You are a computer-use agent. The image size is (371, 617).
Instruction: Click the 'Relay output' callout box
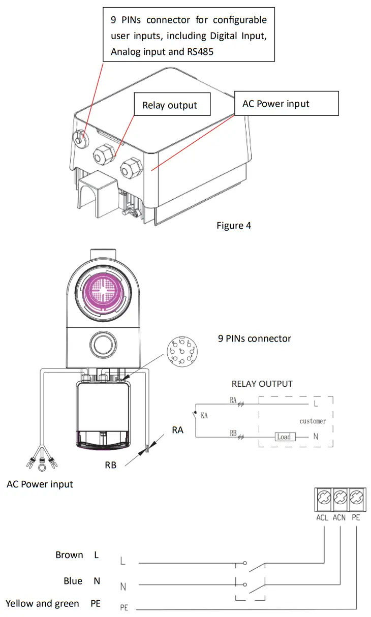(169, 105)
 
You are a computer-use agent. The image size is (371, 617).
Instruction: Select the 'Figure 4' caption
(233, 225)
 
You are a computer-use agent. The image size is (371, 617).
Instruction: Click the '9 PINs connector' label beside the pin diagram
(254, 338)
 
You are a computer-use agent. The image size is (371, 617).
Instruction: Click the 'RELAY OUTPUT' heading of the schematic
(262, 384)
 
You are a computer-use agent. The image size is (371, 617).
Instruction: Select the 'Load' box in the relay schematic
(284, 437)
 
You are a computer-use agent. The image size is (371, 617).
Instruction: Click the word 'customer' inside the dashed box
(313, 421)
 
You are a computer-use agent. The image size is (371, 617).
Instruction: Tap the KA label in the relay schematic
(204, 416)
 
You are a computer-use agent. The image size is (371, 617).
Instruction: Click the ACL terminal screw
(322, 496)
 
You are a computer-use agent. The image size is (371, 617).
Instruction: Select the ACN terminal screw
(339, 496)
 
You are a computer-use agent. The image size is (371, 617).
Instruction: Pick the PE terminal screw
(356, 496)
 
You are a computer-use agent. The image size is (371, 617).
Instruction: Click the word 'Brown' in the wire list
(69, 555)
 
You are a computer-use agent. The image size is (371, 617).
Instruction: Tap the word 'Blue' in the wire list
(73, 580)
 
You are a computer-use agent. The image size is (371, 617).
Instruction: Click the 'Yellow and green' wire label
(42, 603)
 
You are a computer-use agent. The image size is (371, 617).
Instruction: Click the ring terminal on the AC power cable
(40, 463)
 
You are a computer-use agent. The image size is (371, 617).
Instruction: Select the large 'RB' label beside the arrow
(110, 465)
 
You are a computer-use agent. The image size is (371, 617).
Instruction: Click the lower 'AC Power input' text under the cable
(40, 484)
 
